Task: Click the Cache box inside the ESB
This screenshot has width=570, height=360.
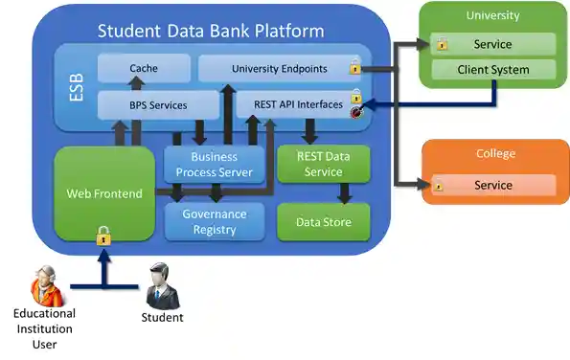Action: [144, 69]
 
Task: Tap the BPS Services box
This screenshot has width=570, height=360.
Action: [157, 104]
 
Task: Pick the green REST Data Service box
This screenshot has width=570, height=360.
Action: [322, 165]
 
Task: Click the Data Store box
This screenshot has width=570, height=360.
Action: [322, 222]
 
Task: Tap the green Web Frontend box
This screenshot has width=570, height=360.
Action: [103, 194]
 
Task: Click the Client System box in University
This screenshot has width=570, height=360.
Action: [493, 70]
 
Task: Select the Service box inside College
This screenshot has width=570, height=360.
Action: [493, 185]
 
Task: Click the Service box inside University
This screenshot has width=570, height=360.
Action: [493, 44]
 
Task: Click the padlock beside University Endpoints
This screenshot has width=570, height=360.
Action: [354, 67]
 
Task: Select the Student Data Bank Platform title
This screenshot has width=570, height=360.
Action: [211, 31]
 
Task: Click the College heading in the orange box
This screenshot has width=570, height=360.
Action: [495, 153]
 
